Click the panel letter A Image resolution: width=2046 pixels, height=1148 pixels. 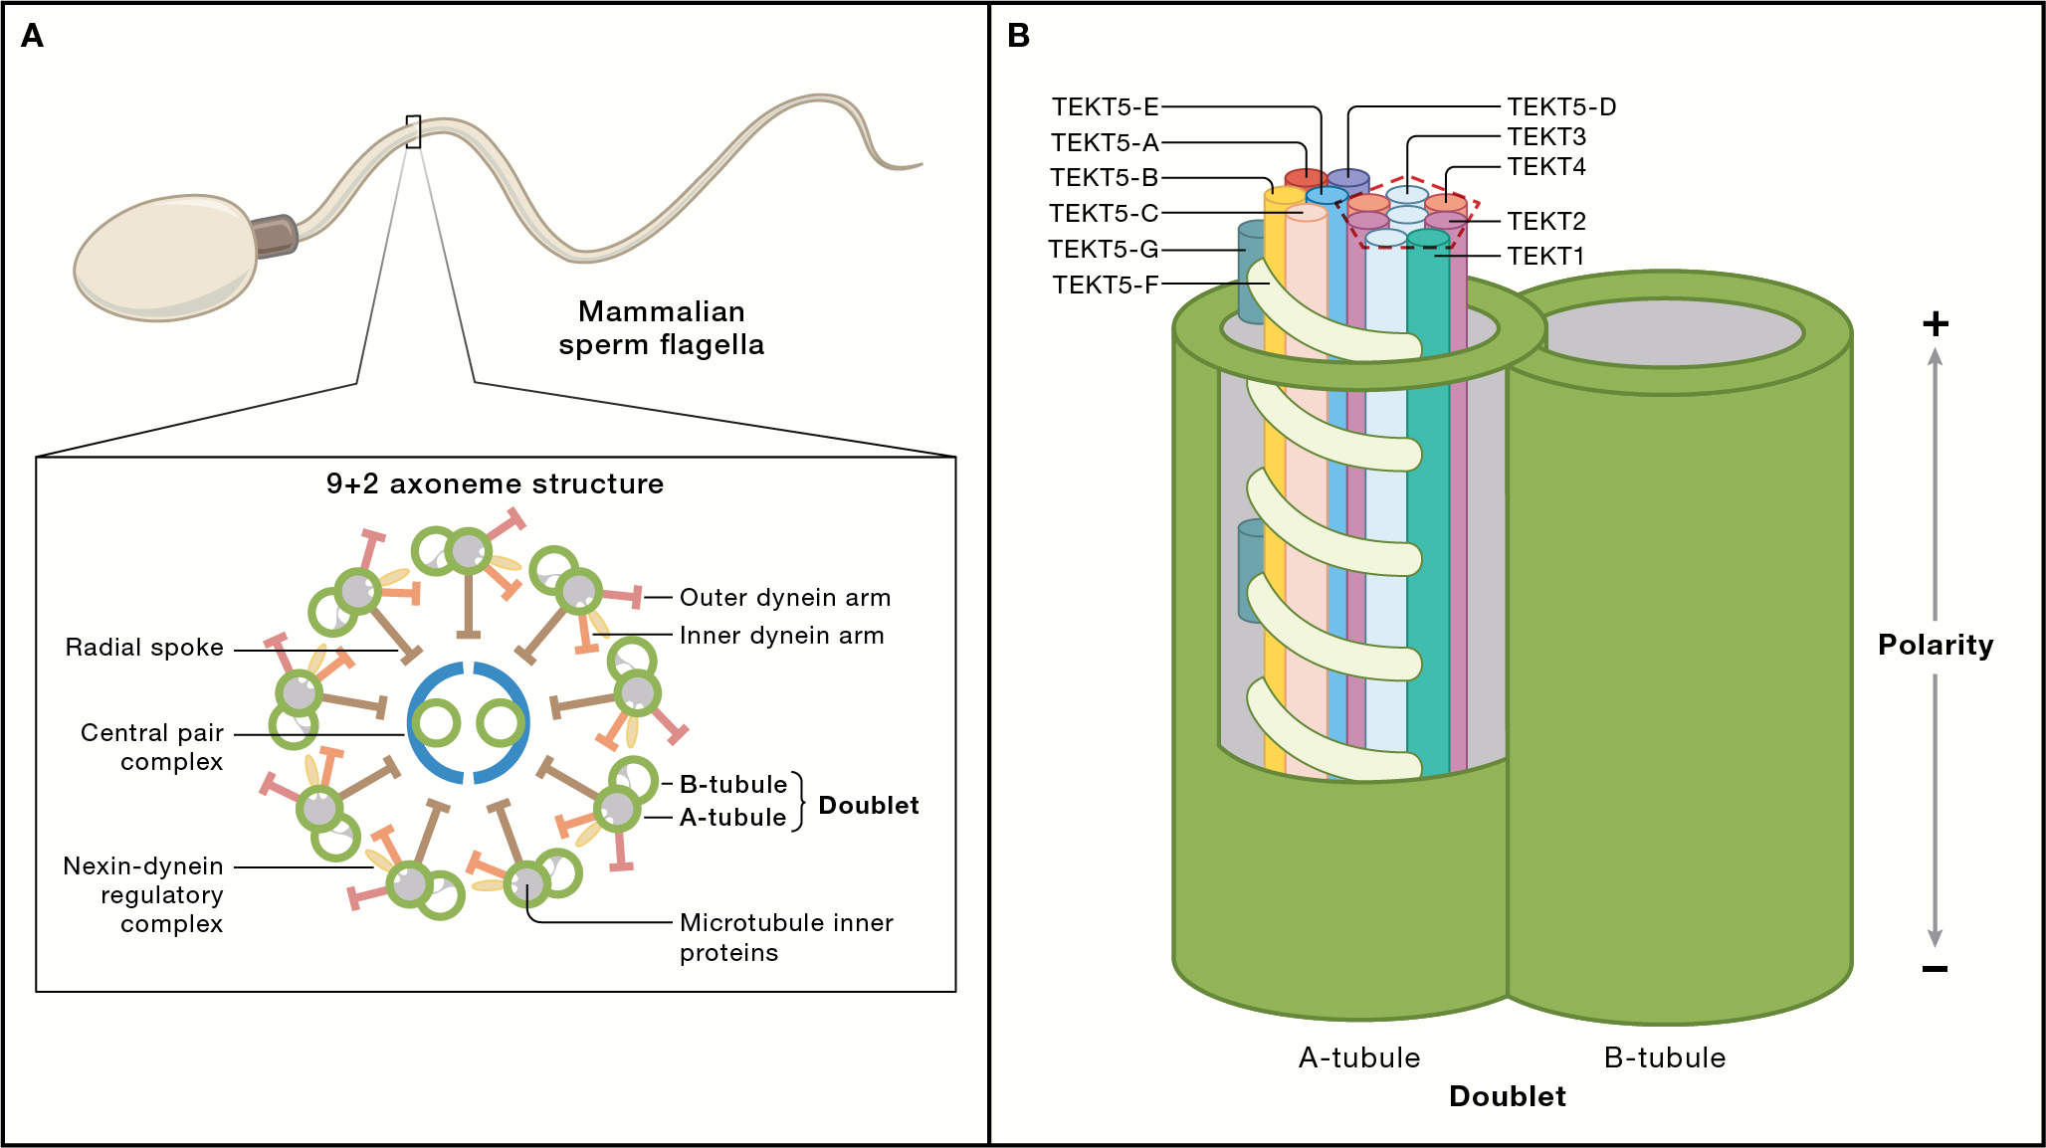[32, 37]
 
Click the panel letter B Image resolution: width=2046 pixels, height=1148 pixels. [1018, 37]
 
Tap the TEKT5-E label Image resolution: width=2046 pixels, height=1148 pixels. [1105, 107]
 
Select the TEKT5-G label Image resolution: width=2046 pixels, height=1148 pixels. [1103, 250]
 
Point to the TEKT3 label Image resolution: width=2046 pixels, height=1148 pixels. [1546, 137]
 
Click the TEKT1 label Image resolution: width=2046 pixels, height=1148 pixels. [1545, 257]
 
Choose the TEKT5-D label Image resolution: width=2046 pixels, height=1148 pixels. [1560, 107]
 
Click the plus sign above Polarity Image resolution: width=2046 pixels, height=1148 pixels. [1935, 324]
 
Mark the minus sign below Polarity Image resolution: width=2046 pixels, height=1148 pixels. [1935, 969]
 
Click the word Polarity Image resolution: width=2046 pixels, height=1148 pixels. [1935, 646]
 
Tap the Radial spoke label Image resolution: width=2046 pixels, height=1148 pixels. [144, 648]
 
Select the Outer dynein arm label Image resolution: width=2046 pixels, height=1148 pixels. [784, 598]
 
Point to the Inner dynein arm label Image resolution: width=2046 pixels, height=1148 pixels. [781, 636]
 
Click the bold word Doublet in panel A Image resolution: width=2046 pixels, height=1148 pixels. [868, 806]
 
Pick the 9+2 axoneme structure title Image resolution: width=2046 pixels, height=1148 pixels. [495, 484]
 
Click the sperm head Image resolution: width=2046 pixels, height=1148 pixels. [165, 260]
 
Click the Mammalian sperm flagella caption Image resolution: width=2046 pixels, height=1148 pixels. [661, 328]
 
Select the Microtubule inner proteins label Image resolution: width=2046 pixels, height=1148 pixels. [785, 937]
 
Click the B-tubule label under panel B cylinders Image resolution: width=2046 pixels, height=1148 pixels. [1664, 1058]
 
